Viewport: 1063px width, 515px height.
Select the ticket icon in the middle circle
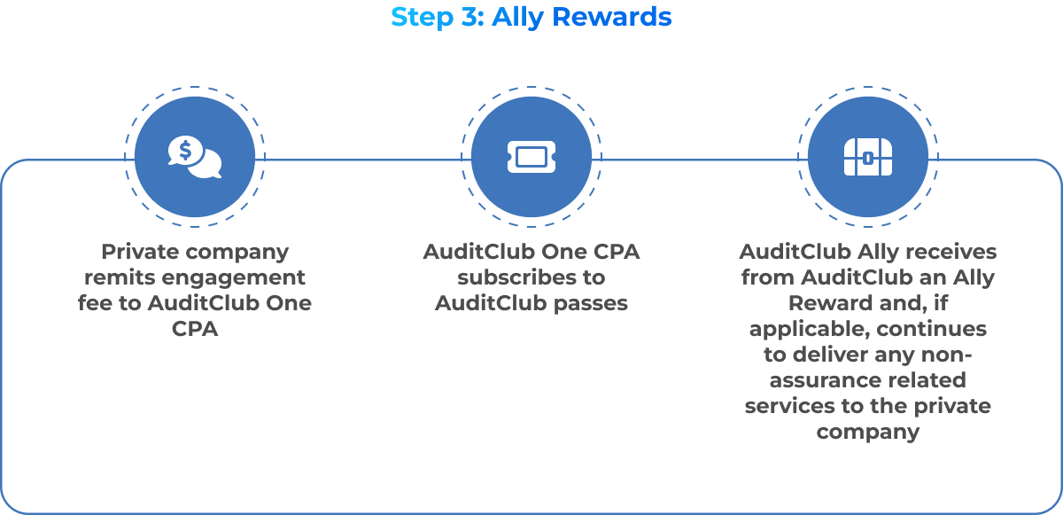click(531, 158)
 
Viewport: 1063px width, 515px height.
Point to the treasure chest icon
click(867, 158)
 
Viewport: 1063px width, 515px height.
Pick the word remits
click(120, 277)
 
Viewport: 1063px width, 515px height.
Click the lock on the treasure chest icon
click(868, 159)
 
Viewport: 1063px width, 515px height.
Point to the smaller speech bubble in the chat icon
click(207, 164)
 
